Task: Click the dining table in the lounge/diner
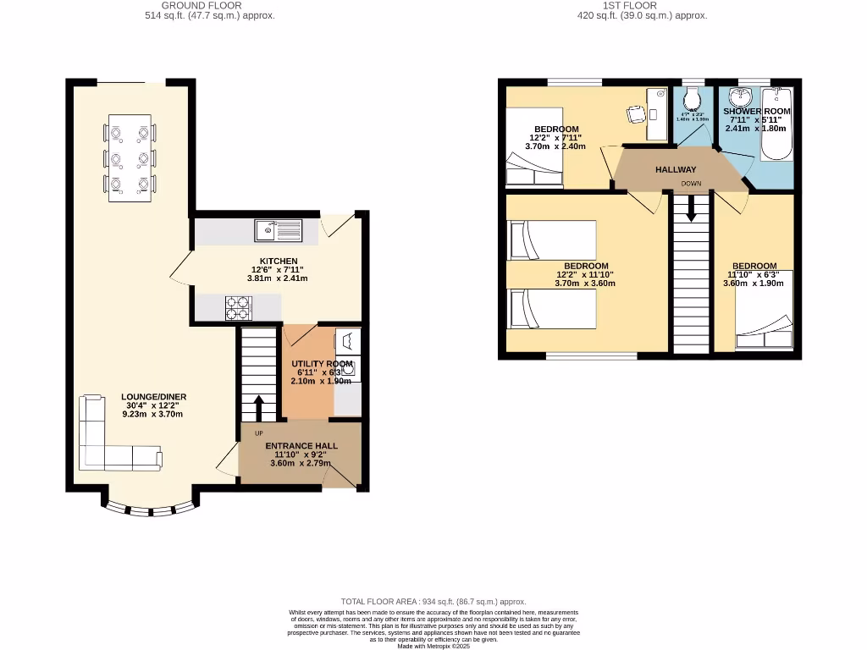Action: [x=130, y=158]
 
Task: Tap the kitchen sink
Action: [x=278, y=229]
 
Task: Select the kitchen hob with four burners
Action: [x=240, y=308]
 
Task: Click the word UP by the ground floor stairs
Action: [x=259, y=433]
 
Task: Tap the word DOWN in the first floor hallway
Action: [x=691, y=184]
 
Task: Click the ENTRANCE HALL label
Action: [x=301, y=446]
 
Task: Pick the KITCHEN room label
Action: [x=278, y=261]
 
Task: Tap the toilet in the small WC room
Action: [x=693, y=101]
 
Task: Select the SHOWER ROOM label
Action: [x=757, y=111]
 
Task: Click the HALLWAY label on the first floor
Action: [x=676, y=170]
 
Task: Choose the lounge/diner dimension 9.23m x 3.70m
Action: [x=153, y=414]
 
